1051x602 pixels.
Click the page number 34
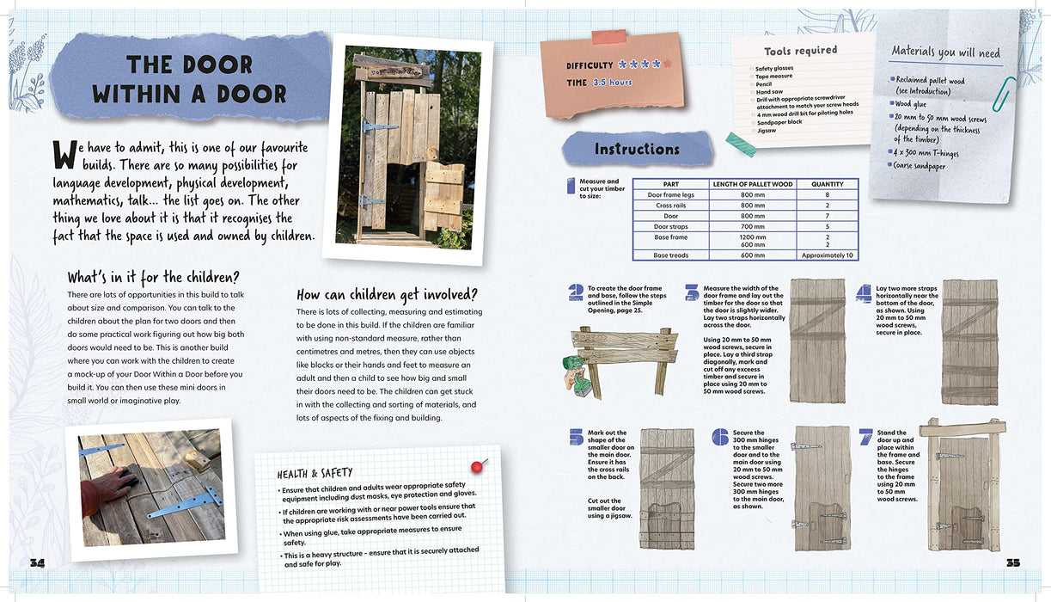tap(37, 562)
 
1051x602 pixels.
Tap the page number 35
tap(1012, 562)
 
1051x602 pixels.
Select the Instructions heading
tap(637, 149)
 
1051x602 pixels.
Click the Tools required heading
tap(800, 51)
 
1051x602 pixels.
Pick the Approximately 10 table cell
tap(827, 255)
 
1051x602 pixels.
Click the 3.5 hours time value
tap(612, 83)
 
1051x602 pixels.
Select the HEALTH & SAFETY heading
tap(314, 474)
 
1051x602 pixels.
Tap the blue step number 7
tap(865, 436)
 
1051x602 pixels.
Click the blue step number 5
tap(575, 438)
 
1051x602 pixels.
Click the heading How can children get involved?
tap(387, 294)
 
